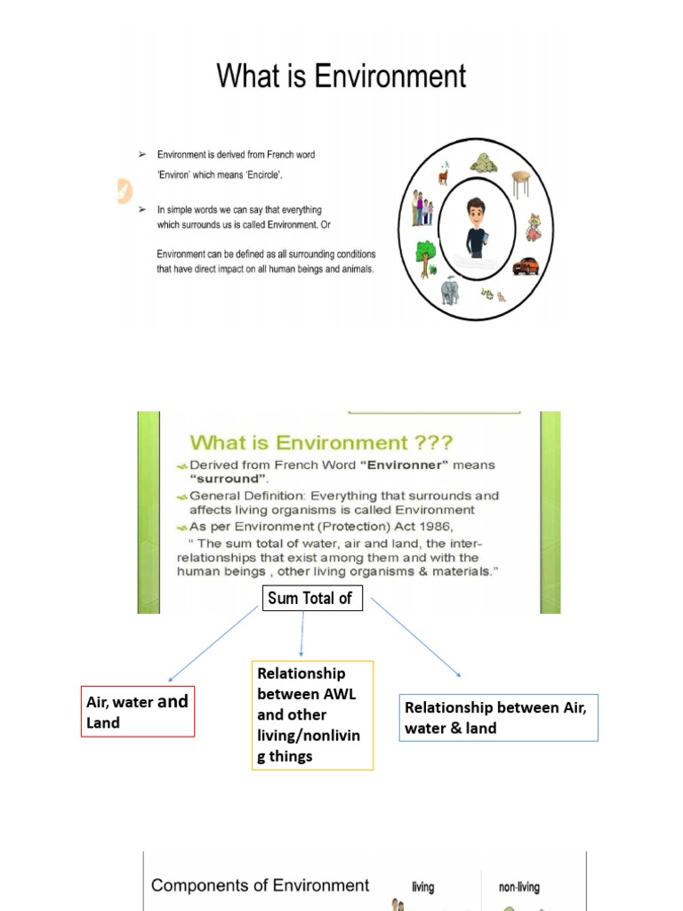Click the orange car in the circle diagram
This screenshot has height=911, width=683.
click(526, 266)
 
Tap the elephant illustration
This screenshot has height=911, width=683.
click(450, 292)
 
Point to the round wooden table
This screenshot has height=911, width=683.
click(521, 182)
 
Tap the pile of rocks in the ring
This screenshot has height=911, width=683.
click(483, 164)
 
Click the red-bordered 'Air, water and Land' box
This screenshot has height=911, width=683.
click(137, 712)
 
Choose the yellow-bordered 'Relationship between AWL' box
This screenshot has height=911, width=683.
click(312, 714)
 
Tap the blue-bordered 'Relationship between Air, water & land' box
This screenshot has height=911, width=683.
click(498, 717)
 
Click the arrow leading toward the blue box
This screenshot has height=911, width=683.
click(416, 638)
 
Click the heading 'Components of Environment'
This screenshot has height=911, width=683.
click(260, 885)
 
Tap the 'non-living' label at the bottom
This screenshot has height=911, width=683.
click(518, 887)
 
